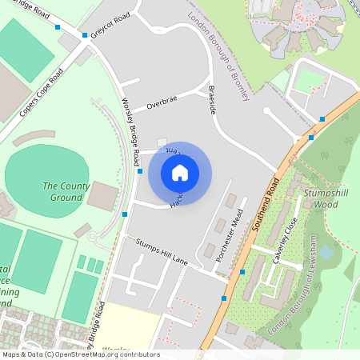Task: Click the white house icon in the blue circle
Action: (180, 172)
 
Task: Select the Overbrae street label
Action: (162, 102)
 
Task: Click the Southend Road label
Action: (265, 201)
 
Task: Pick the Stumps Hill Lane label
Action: (162, 252)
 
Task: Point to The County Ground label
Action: (62, 191)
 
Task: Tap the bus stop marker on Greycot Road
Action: (85, 35)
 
